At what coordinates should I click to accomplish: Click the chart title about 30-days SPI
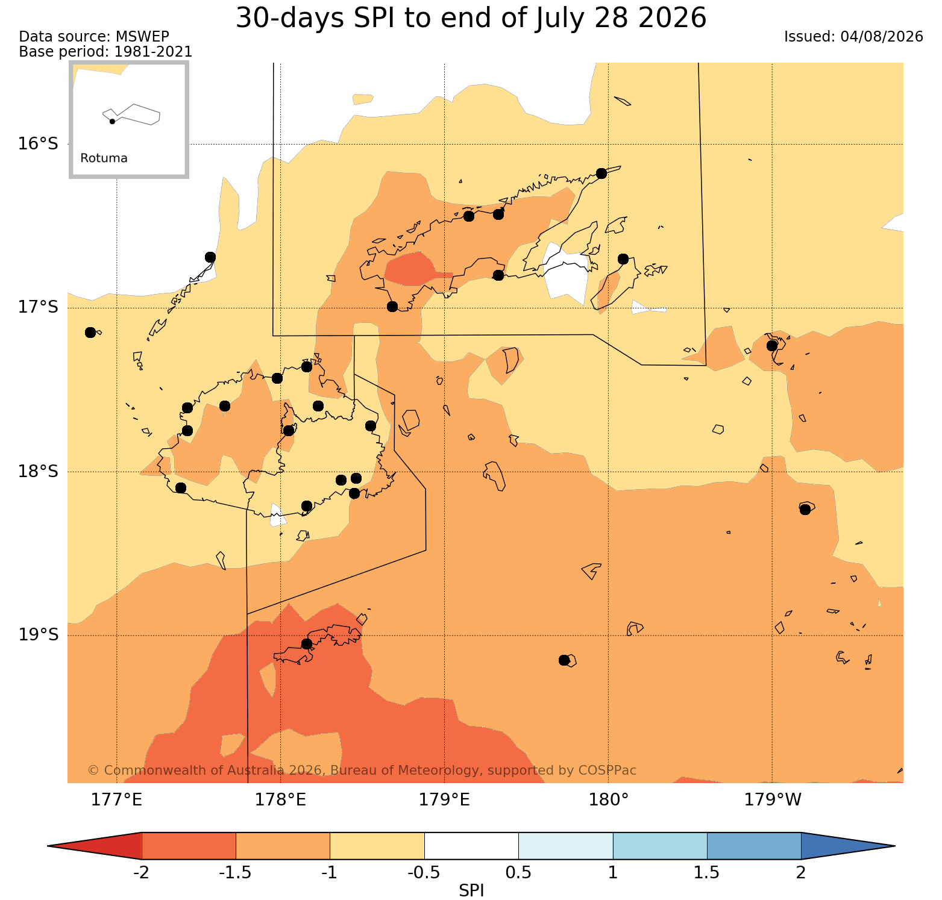coord(471,18)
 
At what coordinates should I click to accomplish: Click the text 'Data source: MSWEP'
coord(94,37)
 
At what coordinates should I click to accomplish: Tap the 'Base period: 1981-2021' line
coord(105,52)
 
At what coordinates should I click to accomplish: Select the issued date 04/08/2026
coord(882,37)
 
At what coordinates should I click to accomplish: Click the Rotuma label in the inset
coord(104,158)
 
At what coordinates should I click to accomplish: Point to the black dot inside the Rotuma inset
coord(112,121)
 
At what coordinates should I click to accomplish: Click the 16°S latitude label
coord(38,144)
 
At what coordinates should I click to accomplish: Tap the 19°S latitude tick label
coord(38,635)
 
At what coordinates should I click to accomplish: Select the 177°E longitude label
coord(116,800)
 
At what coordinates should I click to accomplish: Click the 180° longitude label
coord(608,800)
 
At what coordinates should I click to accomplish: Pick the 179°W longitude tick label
coord(773,800)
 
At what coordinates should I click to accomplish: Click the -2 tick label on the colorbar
coord(141,873)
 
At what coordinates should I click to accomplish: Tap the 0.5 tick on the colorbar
coord(518,873)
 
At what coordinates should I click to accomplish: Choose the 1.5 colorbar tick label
coord(707,873)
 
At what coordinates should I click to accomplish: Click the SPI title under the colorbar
coord(471,890)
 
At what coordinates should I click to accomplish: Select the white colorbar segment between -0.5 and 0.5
coord(471,846)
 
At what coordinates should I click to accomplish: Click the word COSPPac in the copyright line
coord(608,770)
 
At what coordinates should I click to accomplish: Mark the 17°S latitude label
coord(38,307)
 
